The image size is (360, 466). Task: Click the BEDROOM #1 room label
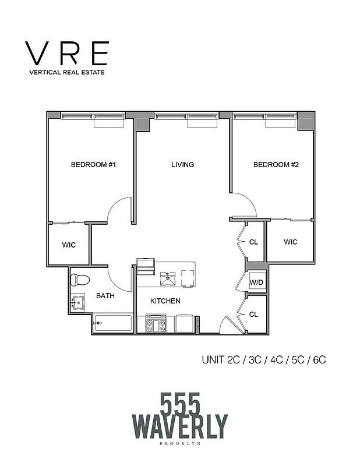click(94, 165)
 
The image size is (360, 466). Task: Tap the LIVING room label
click(182, 165)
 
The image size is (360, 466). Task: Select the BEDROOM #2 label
click(276, 165)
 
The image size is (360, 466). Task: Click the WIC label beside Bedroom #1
click(69, 245)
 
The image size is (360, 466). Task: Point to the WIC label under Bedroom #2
click(291, 242)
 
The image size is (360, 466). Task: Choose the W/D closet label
click(257, 283)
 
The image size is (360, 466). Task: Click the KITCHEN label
click(165, 301)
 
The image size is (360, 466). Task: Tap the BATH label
click(105, 296)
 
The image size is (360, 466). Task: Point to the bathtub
click(114, 323)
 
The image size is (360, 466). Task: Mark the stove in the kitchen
click(156, 323)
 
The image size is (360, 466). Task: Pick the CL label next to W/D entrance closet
click(253, 315)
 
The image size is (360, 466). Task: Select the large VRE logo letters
click(68, 54)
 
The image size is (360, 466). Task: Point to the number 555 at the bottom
click(179, 403)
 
